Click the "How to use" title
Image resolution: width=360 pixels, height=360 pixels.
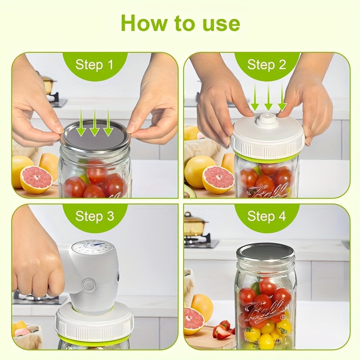[180, 23]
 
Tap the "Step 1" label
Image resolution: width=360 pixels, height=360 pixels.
[94, 64]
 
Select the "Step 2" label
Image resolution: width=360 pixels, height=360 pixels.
[266, 64]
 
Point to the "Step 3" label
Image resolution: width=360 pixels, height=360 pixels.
[94, 216]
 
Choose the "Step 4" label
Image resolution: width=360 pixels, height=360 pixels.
[266, 216]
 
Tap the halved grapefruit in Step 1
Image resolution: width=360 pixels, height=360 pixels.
[36, 180]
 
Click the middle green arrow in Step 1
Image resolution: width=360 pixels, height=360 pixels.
[94, 123]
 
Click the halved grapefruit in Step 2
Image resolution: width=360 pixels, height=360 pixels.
[218, 180]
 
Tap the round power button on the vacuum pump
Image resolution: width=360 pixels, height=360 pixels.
[89, 285]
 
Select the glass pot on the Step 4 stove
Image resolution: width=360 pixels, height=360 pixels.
[195, 223]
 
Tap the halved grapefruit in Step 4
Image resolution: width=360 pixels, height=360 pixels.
[193, 321]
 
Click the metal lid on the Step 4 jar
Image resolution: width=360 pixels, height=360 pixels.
[265, 252]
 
